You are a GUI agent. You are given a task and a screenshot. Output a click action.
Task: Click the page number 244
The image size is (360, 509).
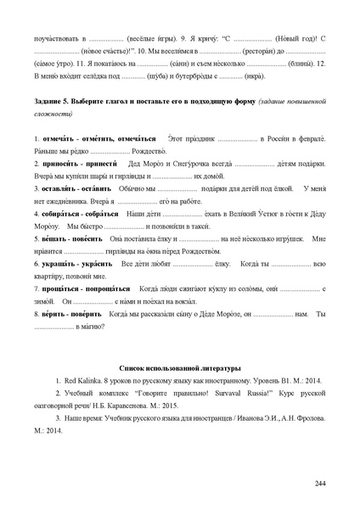tap(320, 483)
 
